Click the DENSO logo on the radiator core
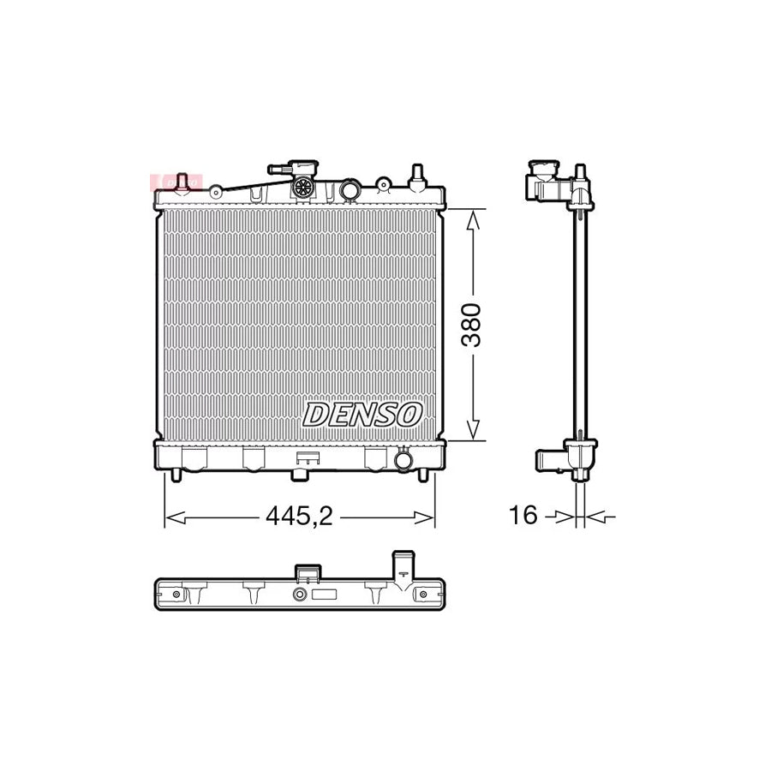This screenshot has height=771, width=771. click(x=363, y=415)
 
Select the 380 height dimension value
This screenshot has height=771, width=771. click(x=473, y=324)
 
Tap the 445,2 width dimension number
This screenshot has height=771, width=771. click(x=298, y=516)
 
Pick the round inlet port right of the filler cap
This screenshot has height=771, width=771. click(x=349, y=189)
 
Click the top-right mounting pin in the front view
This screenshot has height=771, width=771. click(x=418, y=176)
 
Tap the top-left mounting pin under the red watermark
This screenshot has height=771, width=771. click(x=182, y=183)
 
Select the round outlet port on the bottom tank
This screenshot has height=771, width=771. click(x=403, y=461)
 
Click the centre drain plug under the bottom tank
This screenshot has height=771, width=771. click(x=302, y=471)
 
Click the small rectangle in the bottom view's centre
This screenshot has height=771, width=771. click(x=325, y=595)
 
